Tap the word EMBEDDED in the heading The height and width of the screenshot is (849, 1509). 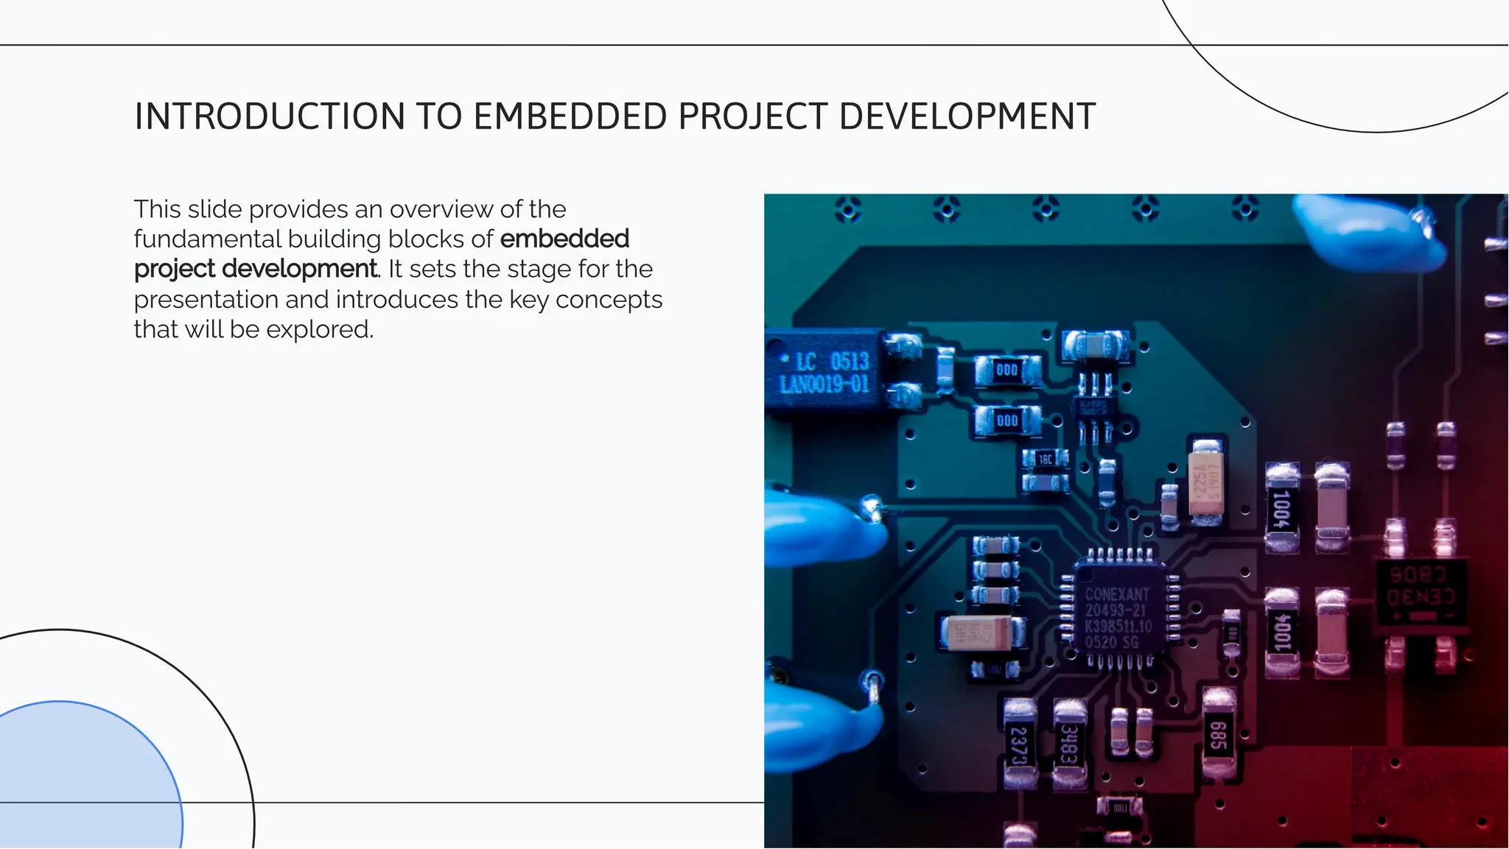(x=570, y=117)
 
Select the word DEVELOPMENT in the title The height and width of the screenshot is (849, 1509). (x=967, y=117)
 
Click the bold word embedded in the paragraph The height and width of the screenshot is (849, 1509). (x=564, y=239)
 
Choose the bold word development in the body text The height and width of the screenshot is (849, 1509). (x=299, y=270)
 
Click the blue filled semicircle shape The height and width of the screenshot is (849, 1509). (x=81, y=781)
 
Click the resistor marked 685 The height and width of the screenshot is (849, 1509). (x=1218, y=735)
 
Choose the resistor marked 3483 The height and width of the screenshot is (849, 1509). (x=1069, y=744)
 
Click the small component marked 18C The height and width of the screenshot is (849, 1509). (x=1046, y=459)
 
